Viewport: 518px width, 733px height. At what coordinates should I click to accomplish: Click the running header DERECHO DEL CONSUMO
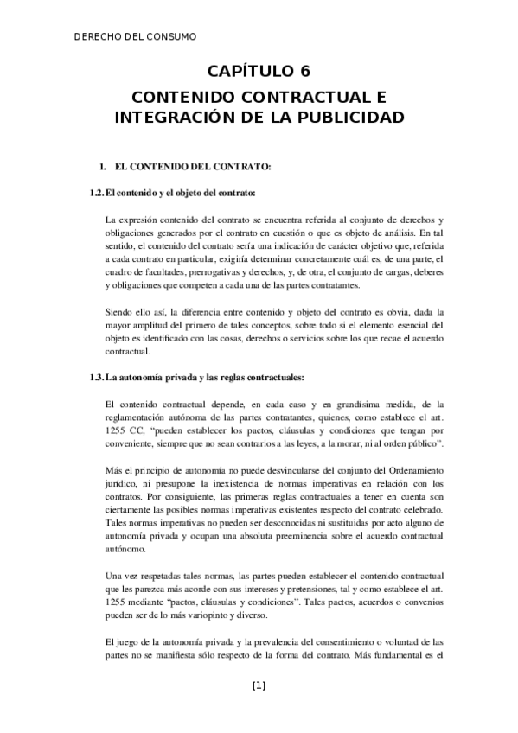[x=135, y=37]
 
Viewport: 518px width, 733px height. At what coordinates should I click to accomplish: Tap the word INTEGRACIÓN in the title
[x=169, y=116]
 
